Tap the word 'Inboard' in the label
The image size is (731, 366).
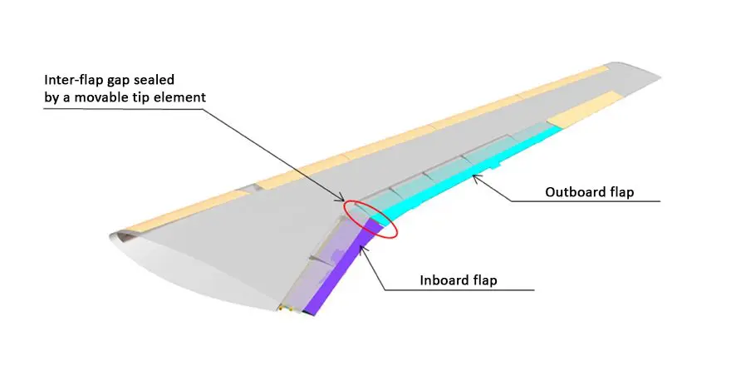444,280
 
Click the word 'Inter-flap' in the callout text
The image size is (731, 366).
75,81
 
